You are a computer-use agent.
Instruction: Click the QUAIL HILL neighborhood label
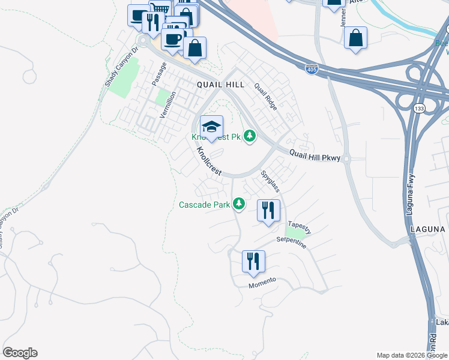[x=221, y=85]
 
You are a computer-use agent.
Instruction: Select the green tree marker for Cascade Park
[x=239, y=205]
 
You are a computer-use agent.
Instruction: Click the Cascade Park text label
[x=205, y=205]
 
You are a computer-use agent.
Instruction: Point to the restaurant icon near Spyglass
[x=268, y=210]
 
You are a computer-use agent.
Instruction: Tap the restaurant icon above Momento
[x=253, y=262]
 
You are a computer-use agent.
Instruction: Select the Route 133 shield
[x=420, y=108]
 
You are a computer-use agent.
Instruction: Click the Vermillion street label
[x=166, y=104]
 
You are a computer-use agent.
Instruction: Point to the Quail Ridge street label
[x=265, y=96]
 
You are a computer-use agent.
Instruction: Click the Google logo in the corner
[x=20, y=353]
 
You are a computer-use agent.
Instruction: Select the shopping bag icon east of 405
[x=356, y=38]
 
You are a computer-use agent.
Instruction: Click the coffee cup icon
[x=173, y=40]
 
